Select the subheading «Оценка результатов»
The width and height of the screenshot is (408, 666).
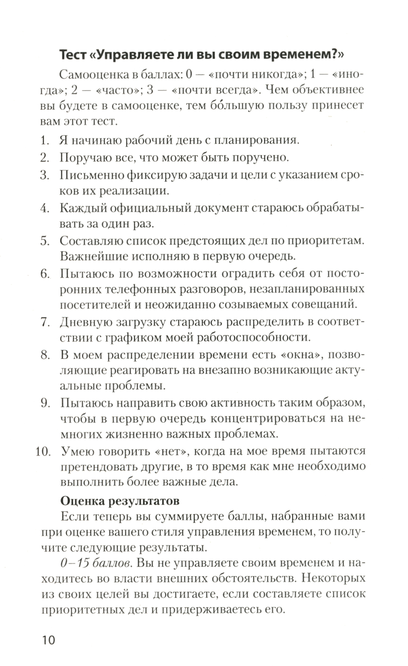click(x=120, y=500)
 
